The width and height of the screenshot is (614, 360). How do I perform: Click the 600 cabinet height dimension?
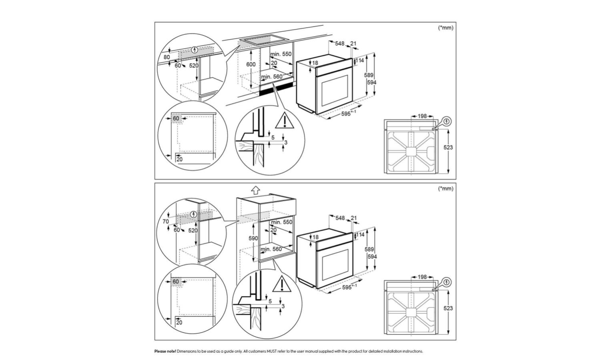(251, 64)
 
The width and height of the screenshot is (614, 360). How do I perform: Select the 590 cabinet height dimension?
(253, 238)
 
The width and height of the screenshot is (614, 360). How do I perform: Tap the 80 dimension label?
(167, 57)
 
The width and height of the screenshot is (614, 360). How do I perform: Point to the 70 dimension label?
(166, 221)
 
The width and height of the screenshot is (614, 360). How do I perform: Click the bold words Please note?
(165, 351)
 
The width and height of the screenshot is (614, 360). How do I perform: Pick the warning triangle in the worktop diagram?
(284, 121)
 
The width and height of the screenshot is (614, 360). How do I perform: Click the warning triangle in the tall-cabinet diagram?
(282, 284)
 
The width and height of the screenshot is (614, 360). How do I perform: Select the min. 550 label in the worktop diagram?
(281, 54)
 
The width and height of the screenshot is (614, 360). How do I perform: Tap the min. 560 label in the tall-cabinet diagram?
(271, 249)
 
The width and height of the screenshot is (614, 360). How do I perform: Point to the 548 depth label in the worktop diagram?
(340, 43)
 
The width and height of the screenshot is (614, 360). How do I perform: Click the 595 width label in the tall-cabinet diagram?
(347, 288)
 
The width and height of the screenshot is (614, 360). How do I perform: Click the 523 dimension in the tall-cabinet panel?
(448, 308)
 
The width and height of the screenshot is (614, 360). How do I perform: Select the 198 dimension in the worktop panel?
(422, 116)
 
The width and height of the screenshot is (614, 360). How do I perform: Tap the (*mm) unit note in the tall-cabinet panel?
(446, 188)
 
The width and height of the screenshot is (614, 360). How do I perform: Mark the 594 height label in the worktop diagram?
(372, 82)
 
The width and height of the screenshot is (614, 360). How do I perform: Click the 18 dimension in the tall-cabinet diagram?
(315, 237)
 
